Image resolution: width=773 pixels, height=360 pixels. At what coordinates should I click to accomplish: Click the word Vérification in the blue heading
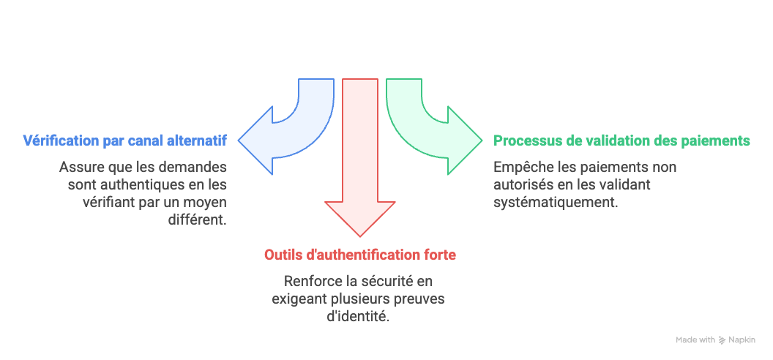pos(58,140)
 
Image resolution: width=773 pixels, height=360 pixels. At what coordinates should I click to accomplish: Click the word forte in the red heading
pos(441,255)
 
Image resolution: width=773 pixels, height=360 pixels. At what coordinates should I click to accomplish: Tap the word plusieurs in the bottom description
pos(359,299)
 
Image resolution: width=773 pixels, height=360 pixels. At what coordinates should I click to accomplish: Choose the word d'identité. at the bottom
pos(359,317)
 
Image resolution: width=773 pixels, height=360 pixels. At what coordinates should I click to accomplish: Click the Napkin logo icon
pos(722,340)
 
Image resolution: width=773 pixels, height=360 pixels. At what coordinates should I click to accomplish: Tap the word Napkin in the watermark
pos(742,340)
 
